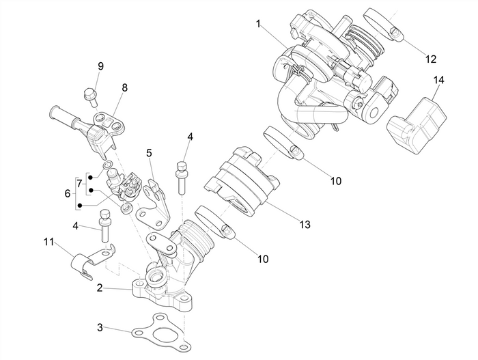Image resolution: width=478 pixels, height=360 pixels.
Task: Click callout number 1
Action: [x=259, y=23]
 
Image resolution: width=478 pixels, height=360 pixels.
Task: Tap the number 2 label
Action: [x=100, y=288]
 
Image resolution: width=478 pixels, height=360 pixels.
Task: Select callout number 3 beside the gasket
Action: [x=100, y=328]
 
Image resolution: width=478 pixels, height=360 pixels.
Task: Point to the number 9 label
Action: [x=100, y=66]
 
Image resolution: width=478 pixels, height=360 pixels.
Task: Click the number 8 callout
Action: [x=125, y=87]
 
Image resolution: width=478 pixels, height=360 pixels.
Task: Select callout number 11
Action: [x=48, y=242]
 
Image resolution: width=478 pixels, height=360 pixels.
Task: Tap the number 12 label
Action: [x=431, y=59]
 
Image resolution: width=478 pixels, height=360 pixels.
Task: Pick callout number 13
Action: [x=304, y=224]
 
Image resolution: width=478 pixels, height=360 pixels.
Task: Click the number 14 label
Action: [x=438, y=81]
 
